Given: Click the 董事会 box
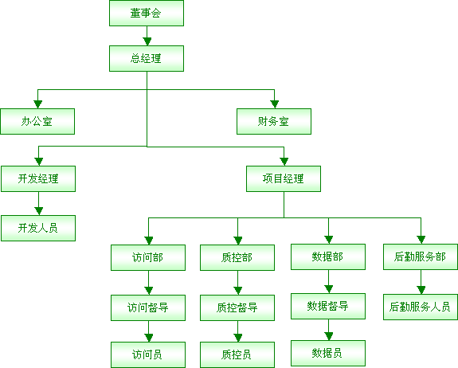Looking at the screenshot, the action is (x=147, y=13).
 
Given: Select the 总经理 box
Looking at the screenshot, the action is (x=147, y=58).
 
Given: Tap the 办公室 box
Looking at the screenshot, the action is (x=37, y=122).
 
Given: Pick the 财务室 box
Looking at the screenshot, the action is (x=274, y=122).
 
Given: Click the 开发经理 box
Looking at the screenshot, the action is (x=38, y=178).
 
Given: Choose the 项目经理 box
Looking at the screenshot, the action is (x=284, y=178).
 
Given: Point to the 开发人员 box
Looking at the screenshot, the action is (x=38, y=228).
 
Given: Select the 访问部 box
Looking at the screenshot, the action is (x=148, y=257).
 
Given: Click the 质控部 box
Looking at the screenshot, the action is (x=237, y=257).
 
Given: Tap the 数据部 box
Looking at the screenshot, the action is (x=328, y=257).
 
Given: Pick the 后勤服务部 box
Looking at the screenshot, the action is (x=421, y=257).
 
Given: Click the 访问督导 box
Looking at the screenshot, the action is (x=148, y=307).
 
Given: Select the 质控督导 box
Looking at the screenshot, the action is (x=237, y=307).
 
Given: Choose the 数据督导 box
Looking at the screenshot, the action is (x=328, y=307).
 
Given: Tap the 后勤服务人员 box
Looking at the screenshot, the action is (x=421, y=307).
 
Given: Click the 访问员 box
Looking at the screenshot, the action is (x=148, y=355).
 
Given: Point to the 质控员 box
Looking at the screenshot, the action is (x=237, y=355).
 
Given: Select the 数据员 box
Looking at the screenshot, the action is (x=328, y=354).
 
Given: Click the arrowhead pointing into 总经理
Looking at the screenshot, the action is (x=147, y=41).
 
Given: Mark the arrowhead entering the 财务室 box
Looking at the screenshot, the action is (x=274, y=104).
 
